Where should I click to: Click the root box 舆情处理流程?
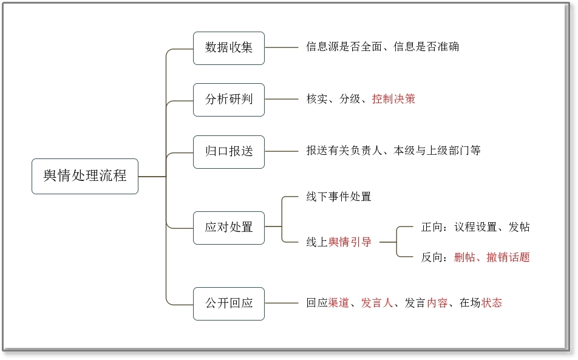pos(85,176)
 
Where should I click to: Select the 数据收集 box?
pos(228,48)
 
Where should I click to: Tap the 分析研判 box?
pos(228,100)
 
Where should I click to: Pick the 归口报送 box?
pos(228,152)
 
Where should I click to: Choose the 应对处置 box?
pos(228,228)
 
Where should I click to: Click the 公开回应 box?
pos(228,304)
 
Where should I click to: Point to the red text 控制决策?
pos(393,99)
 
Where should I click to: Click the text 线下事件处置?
pos(338,197)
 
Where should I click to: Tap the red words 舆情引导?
pos(350,242)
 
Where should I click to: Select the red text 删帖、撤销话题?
pos(492,257)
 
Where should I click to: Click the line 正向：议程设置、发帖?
pos(475,227)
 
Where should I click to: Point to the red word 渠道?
pos(338,303)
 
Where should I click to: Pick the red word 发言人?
pos(376,303)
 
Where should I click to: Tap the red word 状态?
pos(491,303)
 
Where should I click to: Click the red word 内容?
pos(437,303)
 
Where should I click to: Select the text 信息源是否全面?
pos(344,47)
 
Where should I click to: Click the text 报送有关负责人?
pos(344,151)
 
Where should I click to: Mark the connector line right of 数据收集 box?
pos(281,47)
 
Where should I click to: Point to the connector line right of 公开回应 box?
pos(281,304)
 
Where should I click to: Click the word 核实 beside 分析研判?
pos(317,99)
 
